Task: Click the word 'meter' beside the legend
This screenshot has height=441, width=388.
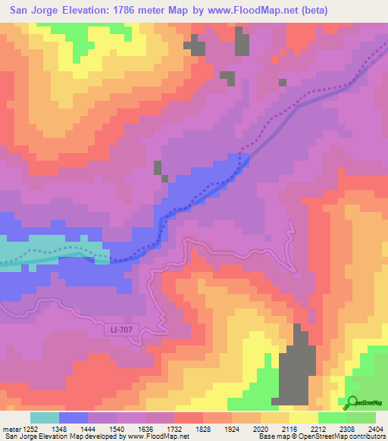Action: [11, 429]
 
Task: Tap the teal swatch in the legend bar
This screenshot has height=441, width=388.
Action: [45, 418]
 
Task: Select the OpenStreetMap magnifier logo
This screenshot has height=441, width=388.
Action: [353, 403]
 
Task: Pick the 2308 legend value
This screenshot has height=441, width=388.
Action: [349, 429]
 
